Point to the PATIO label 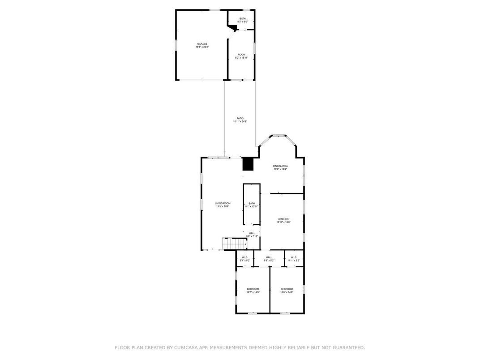(240, 120)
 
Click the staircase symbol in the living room (235, 244)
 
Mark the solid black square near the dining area (248, 164)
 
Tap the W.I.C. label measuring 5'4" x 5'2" (245, 258)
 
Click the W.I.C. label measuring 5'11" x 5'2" (294, 258)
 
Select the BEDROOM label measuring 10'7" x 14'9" (253, 290)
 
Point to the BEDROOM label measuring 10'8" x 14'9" (287, 290)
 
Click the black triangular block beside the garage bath (231, 28)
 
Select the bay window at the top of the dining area (279, 135)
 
